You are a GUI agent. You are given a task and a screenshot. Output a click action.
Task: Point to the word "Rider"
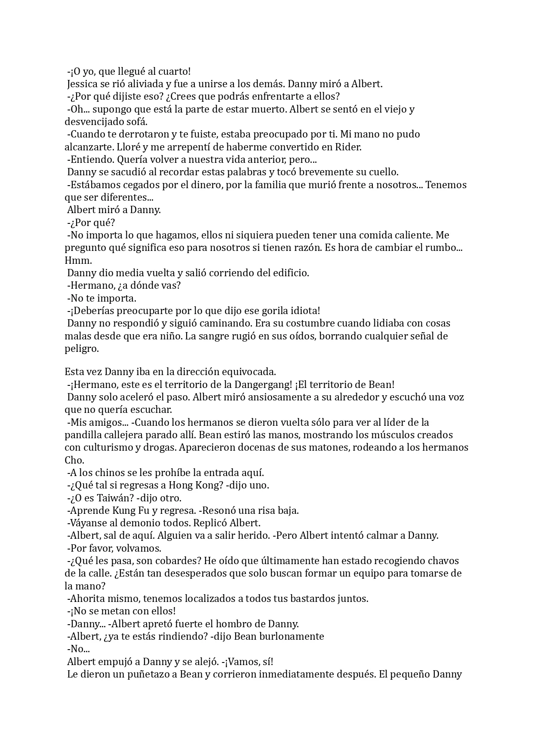pyautogui.click(x=348, y=147)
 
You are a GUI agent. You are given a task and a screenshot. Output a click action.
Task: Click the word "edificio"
pyautogui.click(x=289, y=273)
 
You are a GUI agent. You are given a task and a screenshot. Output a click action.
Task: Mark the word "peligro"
pyautogui.click(x=82, y=348)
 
